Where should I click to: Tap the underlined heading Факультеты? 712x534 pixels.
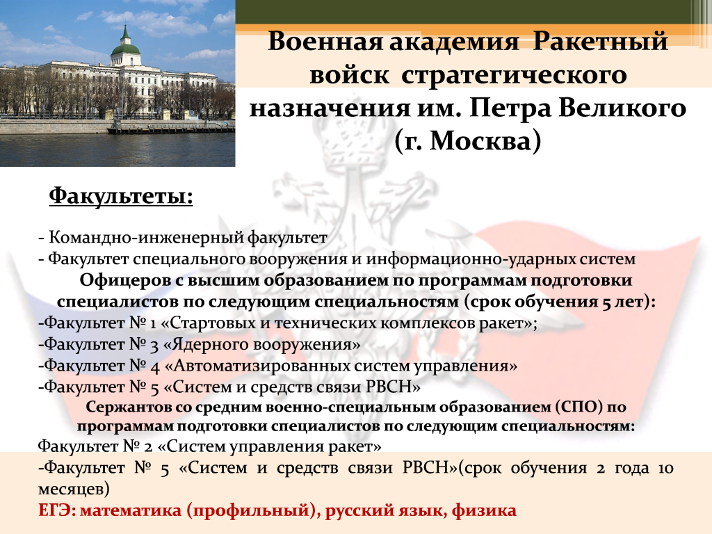coord(121,197)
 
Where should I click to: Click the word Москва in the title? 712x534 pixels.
coord(480,140)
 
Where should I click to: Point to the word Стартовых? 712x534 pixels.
coord(213,323)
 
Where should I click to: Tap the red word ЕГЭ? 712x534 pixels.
coord(56,510)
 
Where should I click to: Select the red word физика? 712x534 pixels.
coord(484,511)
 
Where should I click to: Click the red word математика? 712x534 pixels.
coord(131,511)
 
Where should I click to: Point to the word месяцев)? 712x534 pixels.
coord(74,489)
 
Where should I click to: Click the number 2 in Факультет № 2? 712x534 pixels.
coord(148,447)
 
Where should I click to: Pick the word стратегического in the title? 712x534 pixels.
coord(514,75)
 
